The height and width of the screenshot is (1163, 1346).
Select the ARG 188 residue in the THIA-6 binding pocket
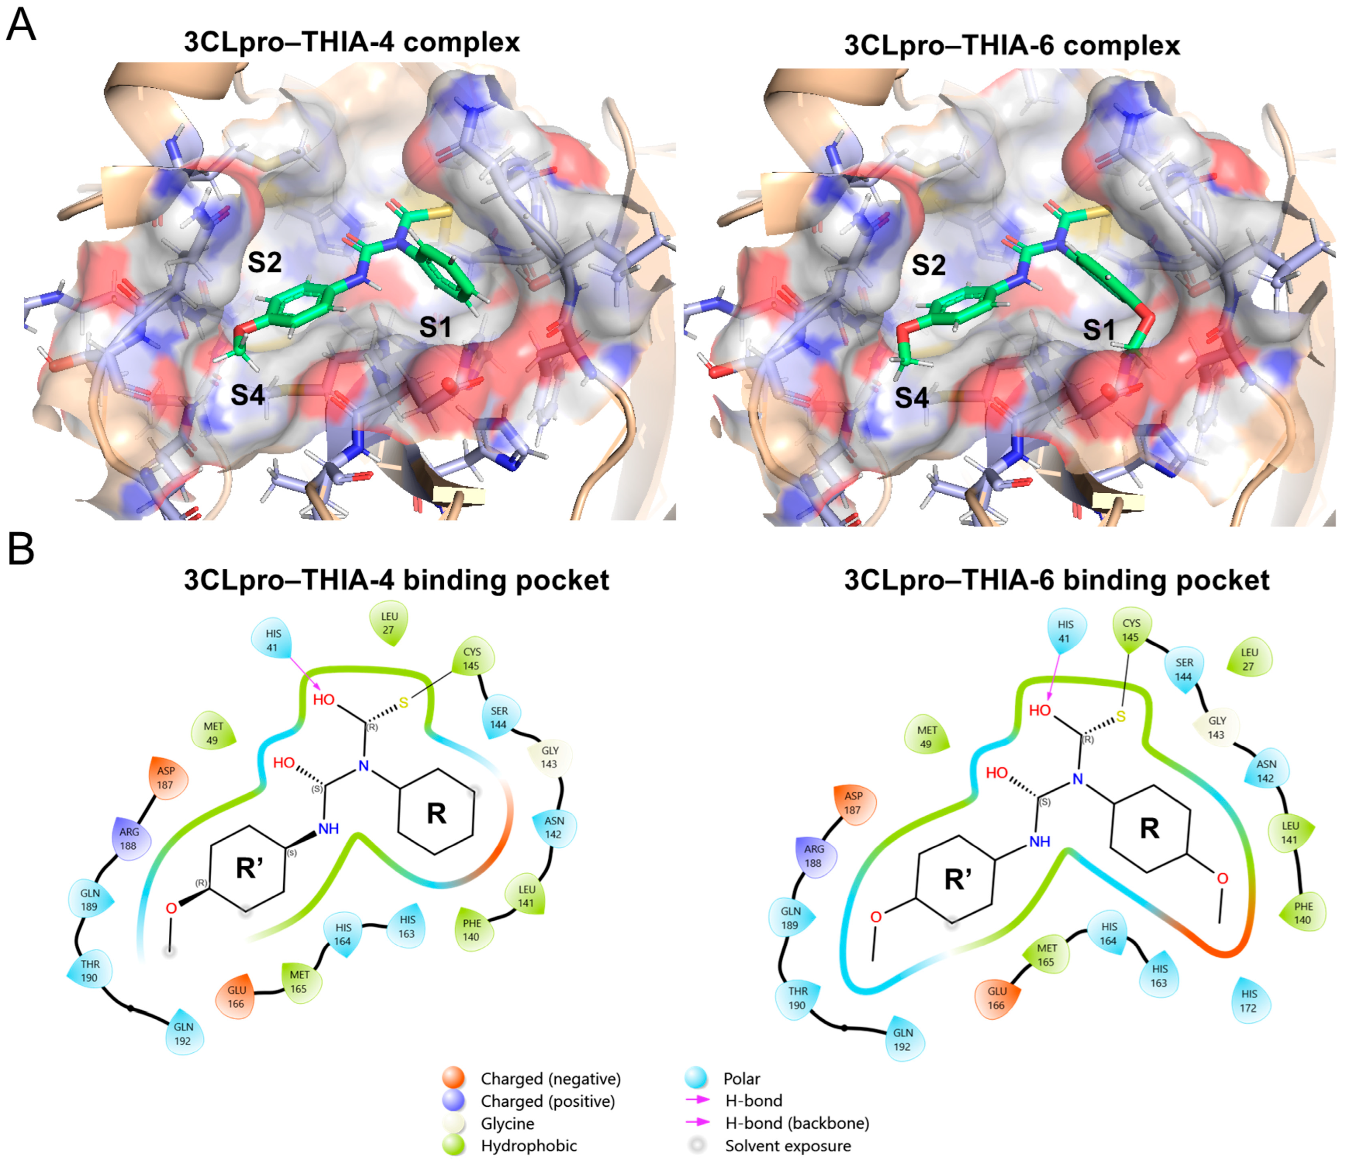click(x=813, y=855)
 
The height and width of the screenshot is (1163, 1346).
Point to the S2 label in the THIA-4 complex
click(x=264, y=263)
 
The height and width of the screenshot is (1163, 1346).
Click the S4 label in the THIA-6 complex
click(x=911, y=397)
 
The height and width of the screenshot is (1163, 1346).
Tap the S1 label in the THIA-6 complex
click(x=1098, y=330)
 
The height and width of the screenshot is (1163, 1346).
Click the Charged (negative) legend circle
click(x=453, y=1079)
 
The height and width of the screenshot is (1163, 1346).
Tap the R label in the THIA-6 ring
click(x=1149, y=828)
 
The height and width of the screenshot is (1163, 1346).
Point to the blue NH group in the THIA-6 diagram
click(x=1039, y=841)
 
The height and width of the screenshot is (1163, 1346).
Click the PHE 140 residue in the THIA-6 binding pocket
click(x=1302, y=913)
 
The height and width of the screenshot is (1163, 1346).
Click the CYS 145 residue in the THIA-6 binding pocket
click(x=1131, y=629)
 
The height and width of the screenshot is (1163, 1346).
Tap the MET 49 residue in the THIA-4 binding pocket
click(x=213, y=733)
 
